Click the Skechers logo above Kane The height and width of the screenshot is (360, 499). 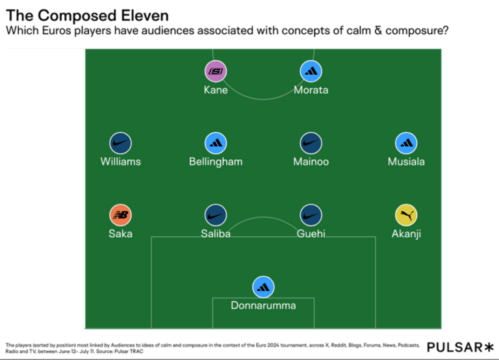click(x=216, y=71)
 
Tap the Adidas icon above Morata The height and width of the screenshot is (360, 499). click(x=311, y=71)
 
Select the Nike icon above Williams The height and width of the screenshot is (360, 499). click(x=120, y=143)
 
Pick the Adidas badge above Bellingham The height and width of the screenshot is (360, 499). click(x=216, y=143)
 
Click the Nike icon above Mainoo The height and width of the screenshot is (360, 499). click(x=311, y=143)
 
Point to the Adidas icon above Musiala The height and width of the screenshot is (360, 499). click(x=406, y=143)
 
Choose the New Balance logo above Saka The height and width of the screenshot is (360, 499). click(x=120, y=215)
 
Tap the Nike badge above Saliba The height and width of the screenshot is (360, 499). click(x=216, y=215)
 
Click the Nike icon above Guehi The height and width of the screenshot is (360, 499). click(x=311, y=215)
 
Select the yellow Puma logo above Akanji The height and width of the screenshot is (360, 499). click(x=406, y=215)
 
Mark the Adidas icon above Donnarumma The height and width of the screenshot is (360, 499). click(x=263, y=287)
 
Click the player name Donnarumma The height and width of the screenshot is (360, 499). click(x=263, y=305)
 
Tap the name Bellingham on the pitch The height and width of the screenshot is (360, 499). click(x=216, y=162)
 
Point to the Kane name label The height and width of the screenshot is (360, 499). click(x=216, y=90)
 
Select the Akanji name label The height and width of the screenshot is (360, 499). click(x=406, y=234)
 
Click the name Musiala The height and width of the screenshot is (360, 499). click(x=406, y=162)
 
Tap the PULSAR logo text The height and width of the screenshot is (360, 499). click(x=455, y=347)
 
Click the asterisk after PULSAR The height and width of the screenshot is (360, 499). click(x=489, y=347)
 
